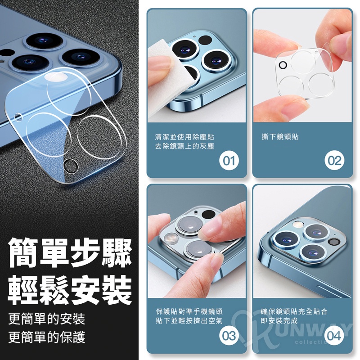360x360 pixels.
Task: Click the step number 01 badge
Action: (x=229, y=160)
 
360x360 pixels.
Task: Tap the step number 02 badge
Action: (x=334, y=160)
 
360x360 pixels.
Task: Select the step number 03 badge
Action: (x=229, y=336)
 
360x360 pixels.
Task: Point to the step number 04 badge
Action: (x=334, y=336)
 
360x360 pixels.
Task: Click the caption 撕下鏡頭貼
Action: (x=280, y=137)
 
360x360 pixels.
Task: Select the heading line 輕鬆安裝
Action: (x=70, y=290)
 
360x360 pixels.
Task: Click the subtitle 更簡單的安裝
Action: (x=47, y=319)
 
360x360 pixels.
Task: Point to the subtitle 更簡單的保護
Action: (x=47, y=337)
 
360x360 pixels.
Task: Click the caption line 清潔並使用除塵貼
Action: (x=184, y=137)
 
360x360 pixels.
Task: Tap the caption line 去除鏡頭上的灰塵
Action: (x=184, y=146)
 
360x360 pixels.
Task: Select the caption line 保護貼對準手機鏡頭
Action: (x=189, y=311)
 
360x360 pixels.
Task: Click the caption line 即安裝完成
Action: (x=279, y=321)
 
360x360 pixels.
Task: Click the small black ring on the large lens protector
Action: (x=70, y=166)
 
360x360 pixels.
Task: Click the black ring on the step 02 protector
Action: (x=283, y=65)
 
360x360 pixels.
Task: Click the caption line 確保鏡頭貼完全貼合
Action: (x=294, y=311)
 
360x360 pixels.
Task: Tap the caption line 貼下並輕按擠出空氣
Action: (x=189, y=321)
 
